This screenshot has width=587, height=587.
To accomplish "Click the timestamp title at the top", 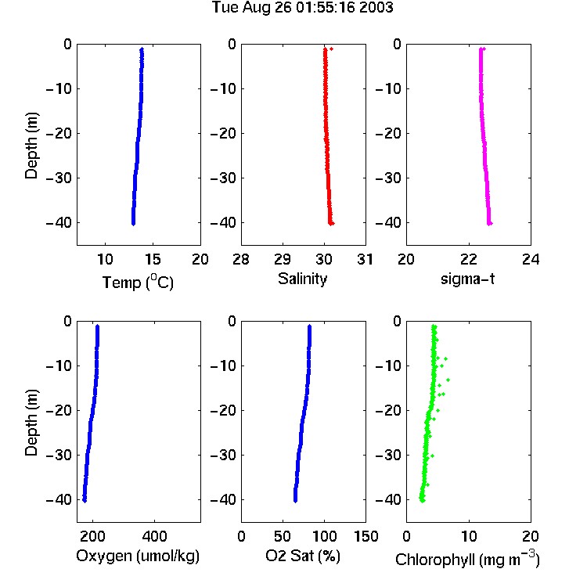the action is [302, 8].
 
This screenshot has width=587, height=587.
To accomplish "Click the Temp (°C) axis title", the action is [138, 282].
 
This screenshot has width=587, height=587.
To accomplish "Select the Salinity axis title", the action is [302, 279].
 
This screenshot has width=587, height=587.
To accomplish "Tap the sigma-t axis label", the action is [467, 279].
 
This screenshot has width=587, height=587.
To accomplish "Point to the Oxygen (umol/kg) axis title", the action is [138, 556].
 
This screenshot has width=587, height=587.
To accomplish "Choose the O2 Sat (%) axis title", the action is [303, 556].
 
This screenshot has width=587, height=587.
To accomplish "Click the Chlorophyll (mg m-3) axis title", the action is [467, 559].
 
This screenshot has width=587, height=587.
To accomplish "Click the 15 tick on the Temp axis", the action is [153, 259].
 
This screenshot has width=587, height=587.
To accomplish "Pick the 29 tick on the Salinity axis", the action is [283, 259].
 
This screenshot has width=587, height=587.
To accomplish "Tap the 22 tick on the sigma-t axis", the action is [469, 259].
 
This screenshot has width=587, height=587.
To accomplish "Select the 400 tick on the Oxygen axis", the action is [155, 536].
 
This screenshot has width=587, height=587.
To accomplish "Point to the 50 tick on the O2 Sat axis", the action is [283, 536].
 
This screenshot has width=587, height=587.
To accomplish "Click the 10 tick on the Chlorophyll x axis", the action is [469, 536].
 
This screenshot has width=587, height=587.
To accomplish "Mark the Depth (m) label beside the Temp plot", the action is [31, 146].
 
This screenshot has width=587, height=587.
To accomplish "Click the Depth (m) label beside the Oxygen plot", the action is [31, 423].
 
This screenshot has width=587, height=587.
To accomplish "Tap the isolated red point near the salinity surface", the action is [331, 49].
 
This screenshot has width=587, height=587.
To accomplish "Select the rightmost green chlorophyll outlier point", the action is [448, 380].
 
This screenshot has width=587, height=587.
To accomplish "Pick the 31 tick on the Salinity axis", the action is [366, 259].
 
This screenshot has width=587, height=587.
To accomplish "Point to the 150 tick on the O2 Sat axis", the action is [366, 536].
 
